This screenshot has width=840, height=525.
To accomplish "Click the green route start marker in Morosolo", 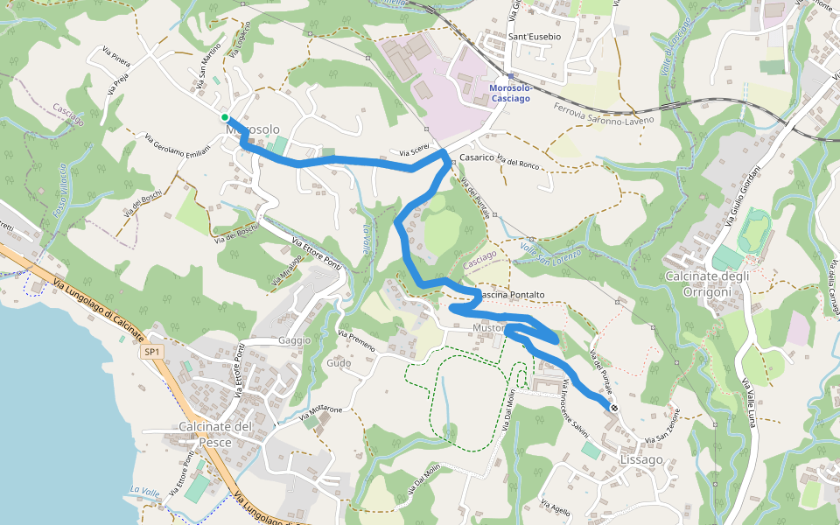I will coord(225,117).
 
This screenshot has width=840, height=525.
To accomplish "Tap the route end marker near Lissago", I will coord(615,408).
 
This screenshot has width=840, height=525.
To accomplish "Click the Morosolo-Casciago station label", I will coord(510,94).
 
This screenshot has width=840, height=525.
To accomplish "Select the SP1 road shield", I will coord(151,352).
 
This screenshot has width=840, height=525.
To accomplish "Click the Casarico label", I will coord(477,157).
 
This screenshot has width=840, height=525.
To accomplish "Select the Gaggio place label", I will coord(294,340).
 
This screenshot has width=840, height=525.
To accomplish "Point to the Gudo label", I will coord(338,363).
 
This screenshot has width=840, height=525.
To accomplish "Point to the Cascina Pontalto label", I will coord(509,296).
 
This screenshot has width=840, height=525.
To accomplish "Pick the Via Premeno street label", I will coord(356,342).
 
